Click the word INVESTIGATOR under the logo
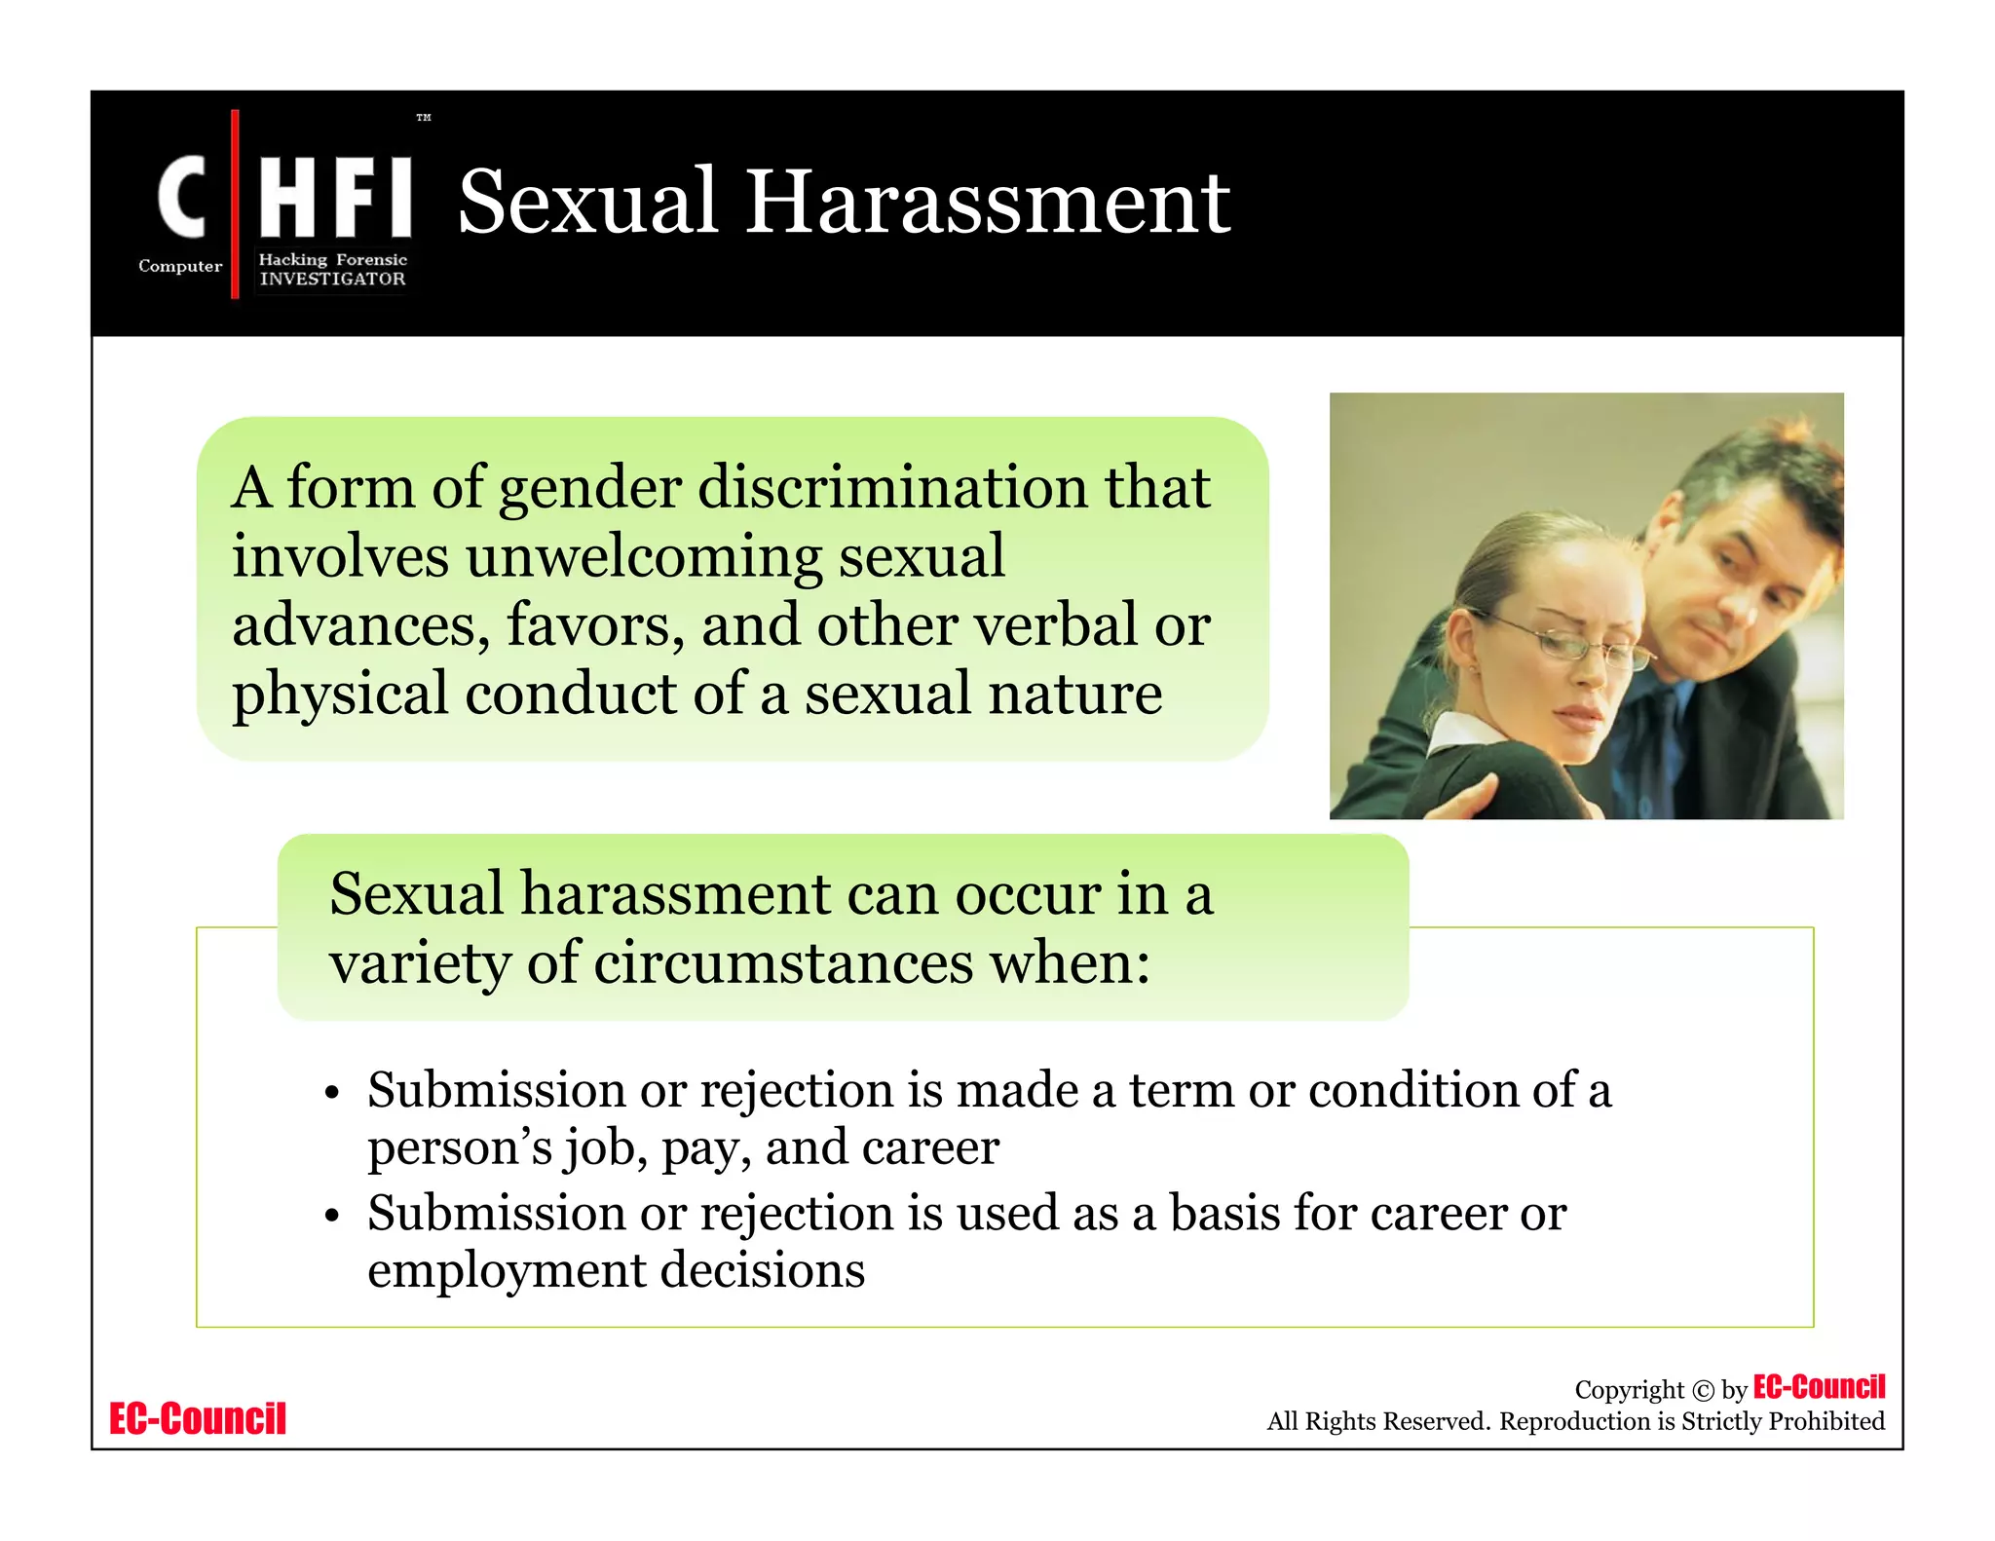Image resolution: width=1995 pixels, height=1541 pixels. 332,279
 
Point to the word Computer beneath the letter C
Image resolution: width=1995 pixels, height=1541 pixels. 180,266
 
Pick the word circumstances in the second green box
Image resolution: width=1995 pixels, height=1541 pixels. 783,963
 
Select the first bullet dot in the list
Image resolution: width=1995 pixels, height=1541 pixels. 332,1093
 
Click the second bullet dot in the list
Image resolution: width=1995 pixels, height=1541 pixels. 332,1217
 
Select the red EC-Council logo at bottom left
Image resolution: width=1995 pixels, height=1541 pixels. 198,1418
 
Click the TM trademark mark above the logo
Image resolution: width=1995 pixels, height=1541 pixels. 423,118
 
